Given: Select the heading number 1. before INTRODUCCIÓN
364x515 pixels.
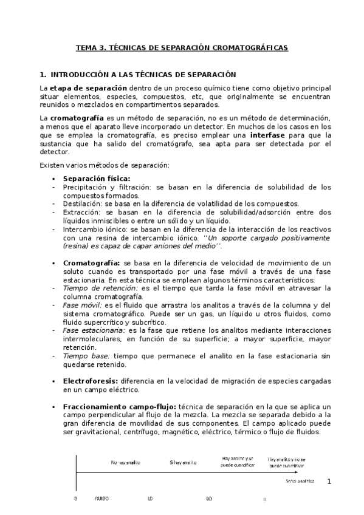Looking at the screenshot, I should (x=43, y=75).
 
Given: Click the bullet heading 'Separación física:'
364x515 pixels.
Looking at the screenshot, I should (x=97, y=179).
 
